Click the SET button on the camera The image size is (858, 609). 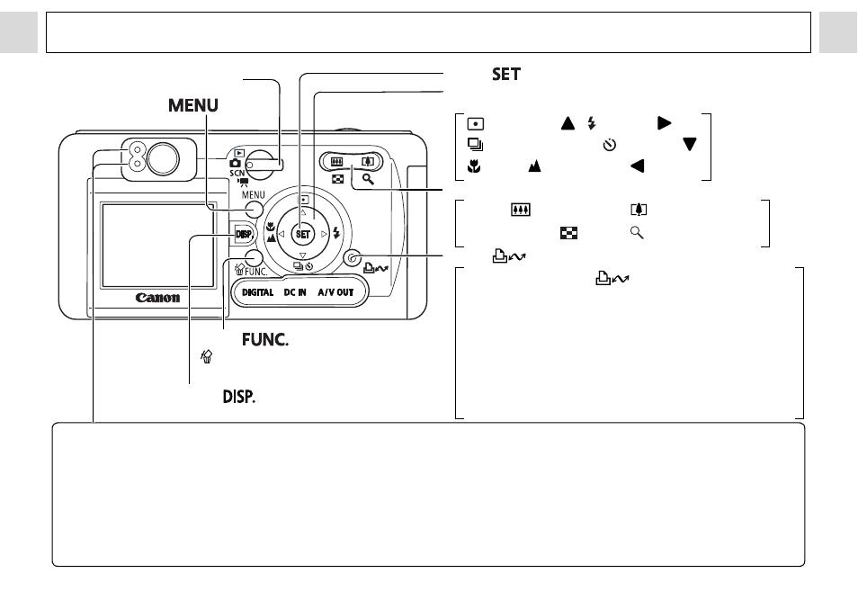point(302,234)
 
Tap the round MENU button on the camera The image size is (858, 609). point(254,210)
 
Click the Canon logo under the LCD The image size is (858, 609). point(157,298)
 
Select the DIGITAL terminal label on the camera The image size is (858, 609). point(258,292)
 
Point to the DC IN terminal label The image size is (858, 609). point(295,292)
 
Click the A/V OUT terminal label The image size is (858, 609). point(335,292)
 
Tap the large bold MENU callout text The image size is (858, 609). point(193,105)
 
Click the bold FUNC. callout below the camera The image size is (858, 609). point(265,340)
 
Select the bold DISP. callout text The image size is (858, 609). point(239,397)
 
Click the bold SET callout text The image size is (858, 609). point(506,74)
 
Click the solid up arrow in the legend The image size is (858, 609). point(568,123)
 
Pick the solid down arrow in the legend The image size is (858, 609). point(690,144)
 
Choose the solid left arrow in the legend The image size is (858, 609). point(637,166)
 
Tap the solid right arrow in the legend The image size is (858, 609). point(665,123)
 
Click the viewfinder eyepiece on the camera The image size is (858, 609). point(163,160)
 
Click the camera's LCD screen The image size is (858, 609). point(157,246)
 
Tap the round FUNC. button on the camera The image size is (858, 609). point(254,259)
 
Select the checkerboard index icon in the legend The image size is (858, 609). point(568,233)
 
